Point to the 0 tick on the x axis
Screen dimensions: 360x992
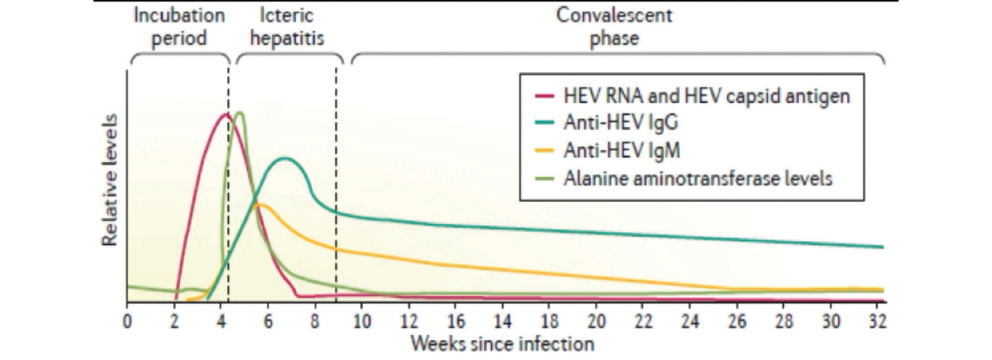click(126, 319)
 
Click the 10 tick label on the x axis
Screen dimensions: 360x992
click(361, 319)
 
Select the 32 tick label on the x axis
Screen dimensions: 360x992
click(878, 319)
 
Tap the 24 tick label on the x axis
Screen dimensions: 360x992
click(690, 319)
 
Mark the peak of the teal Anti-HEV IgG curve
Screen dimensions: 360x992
click(285, 159)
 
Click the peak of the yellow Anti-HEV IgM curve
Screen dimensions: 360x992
click(257, 204)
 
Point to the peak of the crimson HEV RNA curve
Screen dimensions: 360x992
click(224, 114)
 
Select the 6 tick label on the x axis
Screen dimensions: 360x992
click(267, 319)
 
